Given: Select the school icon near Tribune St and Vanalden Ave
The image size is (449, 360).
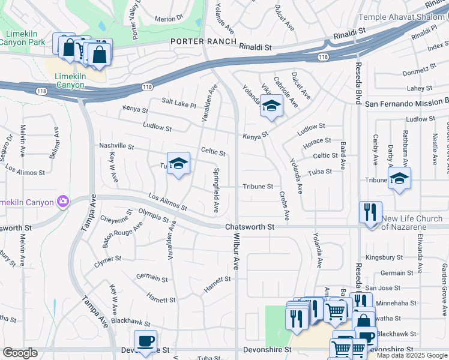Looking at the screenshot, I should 178,164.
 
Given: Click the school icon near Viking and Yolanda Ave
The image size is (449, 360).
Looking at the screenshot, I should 271,106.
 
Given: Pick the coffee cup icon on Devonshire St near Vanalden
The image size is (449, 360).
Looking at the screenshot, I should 145,341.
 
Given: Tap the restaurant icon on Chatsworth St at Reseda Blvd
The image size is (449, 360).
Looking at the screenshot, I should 370,212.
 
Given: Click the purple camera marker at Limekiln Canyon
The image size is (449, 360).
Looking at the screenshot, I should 62,201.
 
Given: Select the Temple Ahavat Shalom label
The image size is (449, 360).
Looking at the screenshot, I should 403,17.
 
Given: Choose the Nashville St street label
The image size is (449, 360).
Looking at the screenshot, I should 116,146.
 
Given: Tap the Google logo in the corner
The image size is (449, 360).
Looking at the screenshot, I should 20,353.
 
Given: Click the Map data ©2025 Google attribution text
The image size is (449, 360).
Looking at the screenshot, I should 412,355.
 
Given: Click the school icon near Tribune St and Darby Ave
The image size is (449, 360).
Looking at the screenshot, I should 399,178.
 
